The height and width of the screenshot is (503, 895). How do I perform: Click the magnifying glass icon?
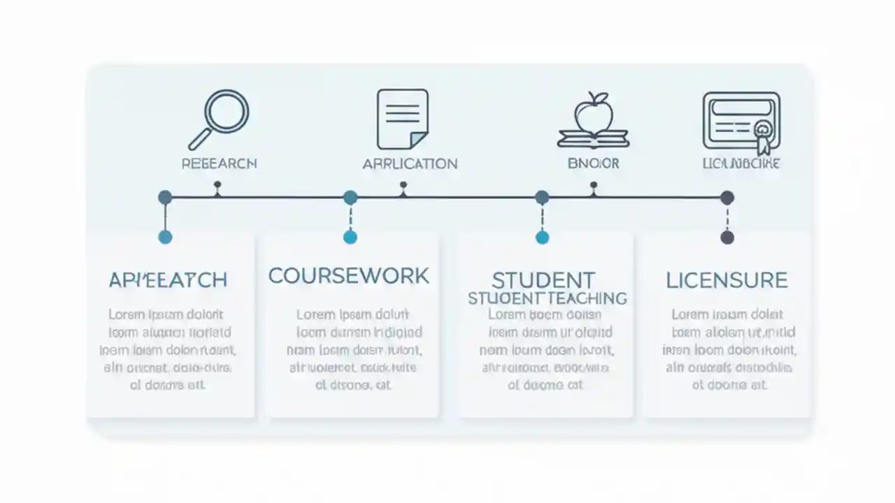220,119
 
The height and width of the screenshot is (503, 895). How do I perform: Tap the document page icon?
402,119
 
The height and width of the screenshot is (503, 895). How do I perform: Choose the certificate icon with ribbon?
740,121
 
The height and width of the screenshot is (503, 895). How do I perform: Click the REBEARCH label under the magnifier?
219,163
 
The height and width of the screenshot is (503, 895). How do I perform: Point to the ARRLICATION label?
410,164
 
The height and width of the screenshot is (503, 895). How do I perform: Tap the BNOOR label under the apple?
593,163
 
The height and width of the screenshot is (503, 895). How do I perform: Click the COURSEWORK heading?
349,276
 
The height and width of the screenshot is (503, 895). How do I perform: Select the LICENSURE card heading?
726,281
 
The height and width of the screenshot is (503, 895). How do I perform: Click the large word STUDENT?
543,281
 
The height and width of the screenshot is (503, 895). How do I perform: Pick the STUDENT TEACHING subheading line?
547,298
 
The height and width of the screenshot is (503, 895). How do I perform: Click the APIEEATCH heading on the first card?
168,280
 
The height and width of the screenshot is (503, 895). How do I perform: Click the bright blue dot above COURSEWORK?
350,237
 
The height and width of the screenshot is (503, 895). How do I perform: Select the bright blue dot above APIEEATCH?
165,237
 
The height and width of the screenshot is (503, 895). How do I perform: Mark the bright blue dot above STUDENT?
542,238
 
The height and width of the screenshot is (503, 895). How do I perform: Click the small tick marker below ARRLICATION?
403,186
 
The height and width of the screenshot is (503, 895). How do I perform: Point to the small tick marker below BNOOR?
594,186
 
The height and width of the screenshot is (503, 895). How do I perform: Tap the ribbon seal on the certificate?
762,130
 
